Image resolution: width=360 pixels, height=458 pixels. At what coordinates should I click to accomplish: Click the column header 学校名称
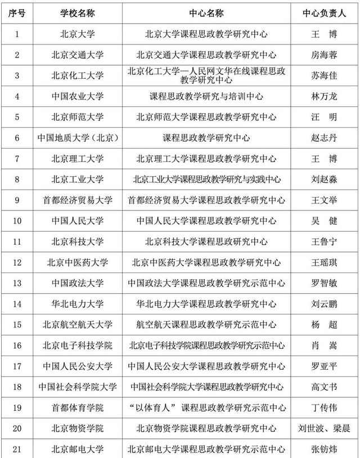(78, 14)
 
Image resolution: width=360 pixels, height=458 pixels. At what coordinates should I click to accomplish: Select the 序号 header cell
(17, 14)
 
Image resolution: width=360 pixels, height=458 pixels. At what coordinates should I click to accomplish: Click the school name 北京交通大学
(78, 55)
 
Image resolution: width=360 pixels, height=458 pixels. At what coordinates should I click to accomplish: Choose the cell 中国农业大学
(78, 96)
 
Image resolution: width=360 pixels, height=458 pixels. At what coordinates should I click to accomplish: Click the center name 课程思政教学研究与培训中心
(206, 96)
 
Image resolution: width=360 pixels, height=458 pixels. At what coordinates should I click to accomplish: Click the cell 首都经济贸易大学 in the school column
(78, 200)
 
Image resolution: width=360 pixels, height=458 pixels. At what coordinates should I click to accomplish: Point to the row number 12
(17, 262)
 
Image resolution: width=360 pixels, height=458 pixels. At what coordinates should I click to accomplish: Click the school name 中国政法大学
(78, 283)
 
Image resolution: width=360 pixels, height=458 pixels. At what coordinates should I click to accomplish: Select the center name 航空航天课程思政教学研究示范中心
(206, 325)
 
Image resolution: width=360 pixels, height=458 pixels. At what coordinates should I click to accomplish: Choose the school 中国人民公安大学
(78, 366)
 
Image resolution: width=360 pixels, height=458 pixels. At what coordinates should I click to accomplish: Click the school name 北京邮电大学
(78, 449)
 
